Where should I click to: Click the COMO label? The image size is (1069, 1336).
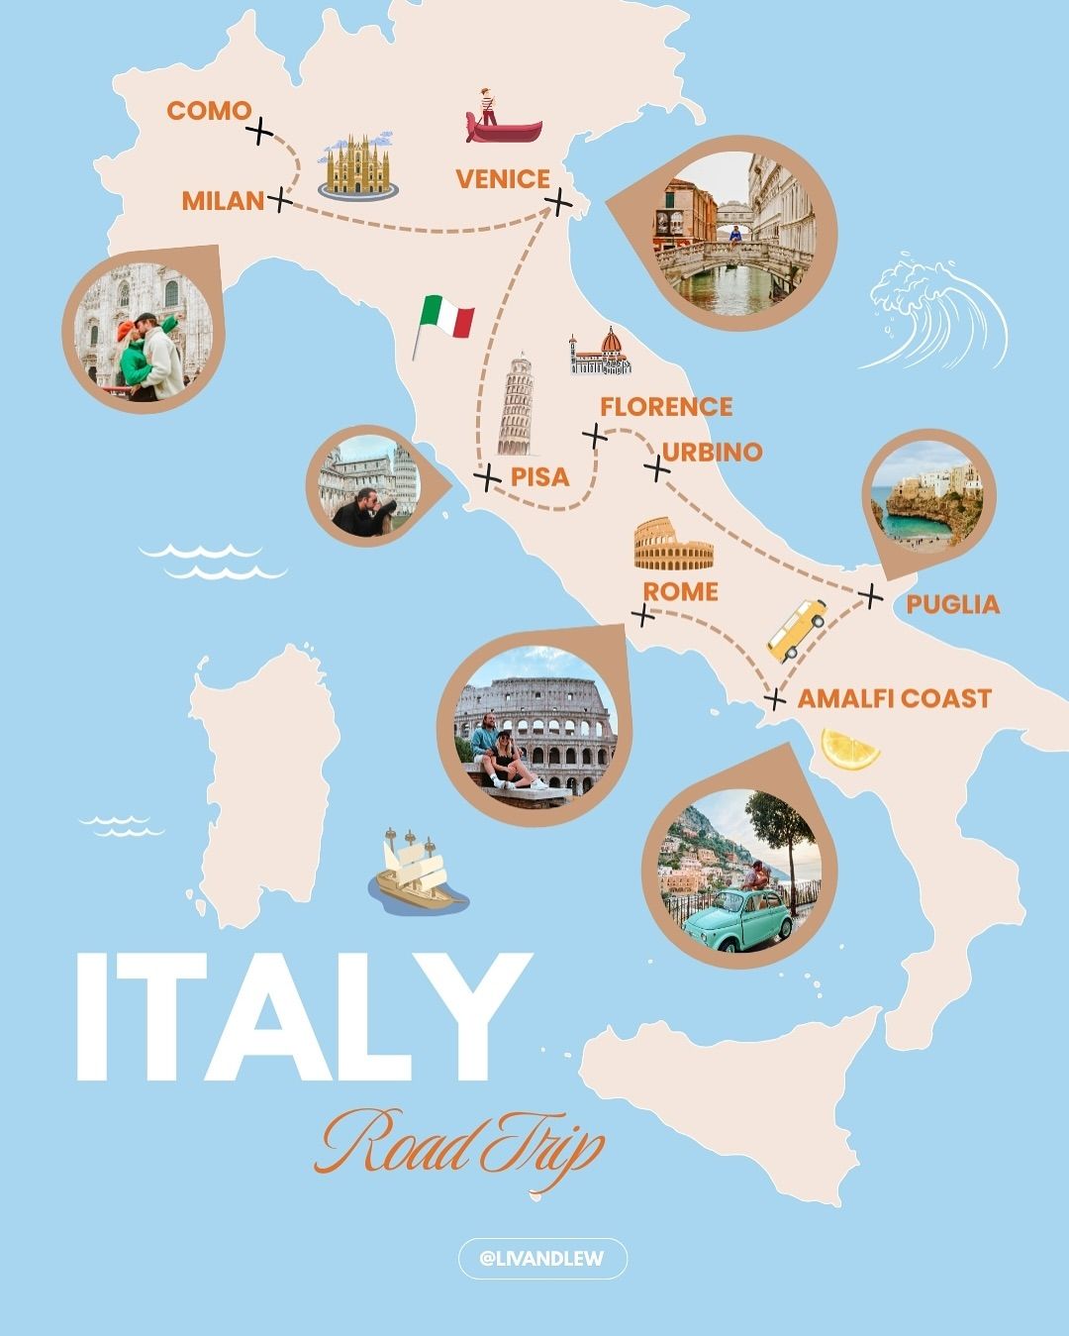[209, 111]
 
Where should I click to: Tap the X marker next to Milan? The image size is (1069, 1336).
[280, 201]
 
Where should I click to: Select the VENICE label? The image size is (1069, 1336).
[502, 179]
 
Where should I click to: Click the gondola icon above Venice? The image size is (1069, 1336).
[503, 119]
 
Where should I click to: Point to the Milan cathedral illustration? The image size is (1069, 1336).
[357, 165]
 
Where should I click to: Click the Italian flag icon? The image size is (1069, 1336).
[442, 321]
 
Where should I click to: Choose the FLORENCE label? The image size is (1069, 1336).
[665, 407]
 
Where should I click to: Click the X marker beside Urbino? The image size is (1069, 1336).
[656, 466]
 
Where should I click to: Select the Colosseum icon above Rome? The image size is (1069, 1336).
[673, 546]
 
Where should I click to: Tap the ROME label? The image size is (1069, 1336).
[680, 592]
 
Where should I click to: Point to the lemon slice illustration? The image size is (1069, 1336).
[850, 749]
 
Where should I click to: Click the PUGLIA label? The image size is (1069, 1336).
[952, 604]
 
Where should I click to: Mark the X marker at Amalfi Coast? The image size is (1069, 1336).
[776, 700]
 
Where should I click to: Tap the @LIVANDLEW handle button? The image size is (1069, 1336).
[542, 1259]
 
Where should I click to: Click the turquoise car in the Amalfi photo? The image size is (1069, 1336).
[738, 916]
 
